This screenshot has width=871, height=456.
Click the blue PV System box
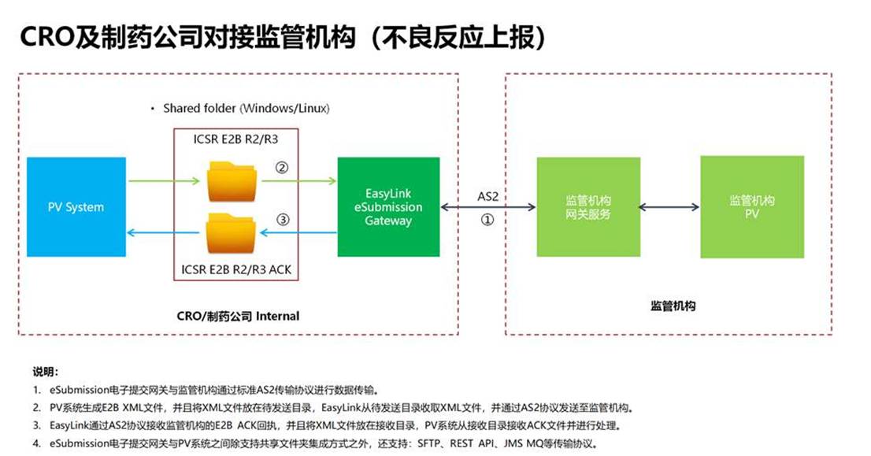(76, 207)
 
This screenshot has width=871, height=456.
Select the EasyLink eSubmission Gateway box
(388, 207)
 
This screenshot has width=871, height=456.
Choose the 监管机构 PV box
(751, 207)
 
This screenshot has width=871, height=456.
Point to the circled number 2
(282, 168)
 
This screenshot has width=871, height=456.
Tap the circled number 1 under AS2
(487, 221)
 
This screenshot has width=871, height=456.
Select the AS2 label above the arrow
(488, 195)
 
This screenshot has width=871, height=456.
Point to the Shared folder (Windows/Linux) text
(246, 107)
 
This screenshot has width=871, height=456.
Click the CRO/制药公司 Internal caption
(238, 317)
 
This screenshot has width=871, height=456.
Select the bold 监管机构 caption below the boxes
(673, 306)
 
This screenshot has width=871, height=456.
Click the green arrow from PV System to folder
(164, 181)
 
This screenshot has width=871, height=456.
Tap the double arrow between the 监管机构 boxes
(669, 207)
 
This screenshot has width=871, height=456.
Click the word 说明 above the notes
(45, 372)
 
